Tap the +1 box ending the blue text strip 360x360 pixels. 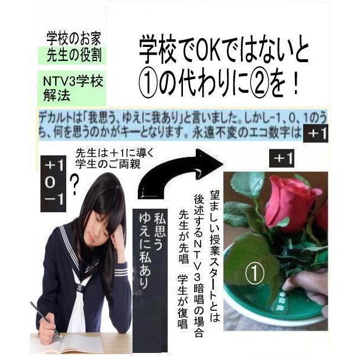tap(317, 134)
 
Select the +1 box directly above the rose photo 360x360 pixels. tap(284, 158)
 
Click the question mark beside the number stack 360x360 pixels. tap(74, 187)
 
